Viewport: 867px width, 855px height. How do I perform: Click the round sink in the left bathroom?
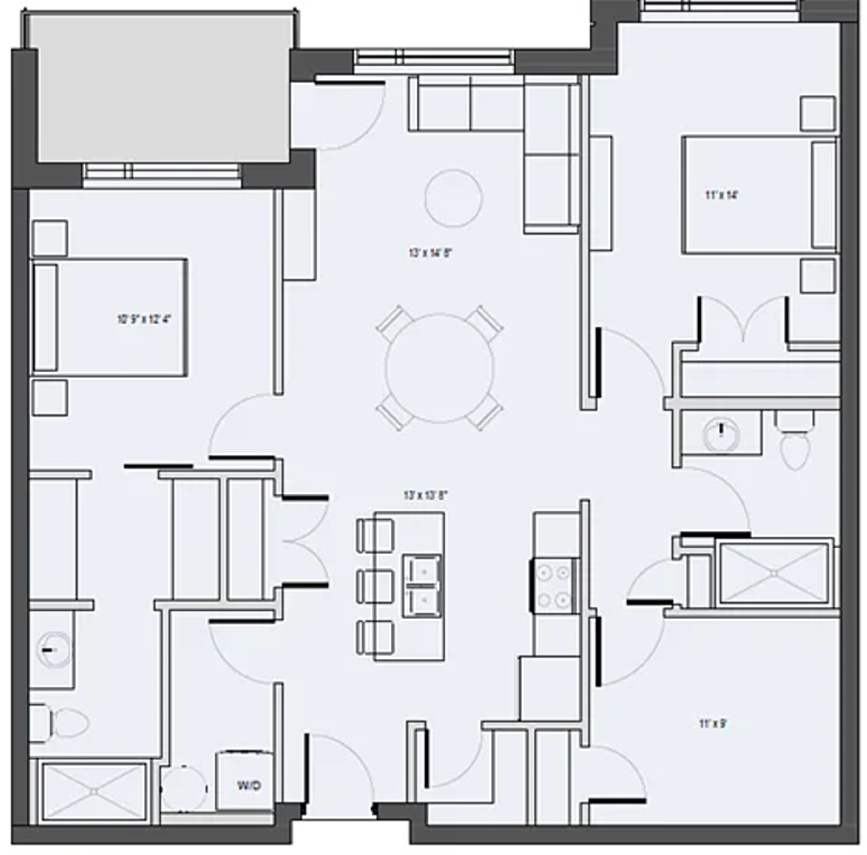(55, 650)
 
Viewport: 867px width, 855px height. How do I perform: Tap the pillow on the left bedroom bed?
(46, 318)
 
